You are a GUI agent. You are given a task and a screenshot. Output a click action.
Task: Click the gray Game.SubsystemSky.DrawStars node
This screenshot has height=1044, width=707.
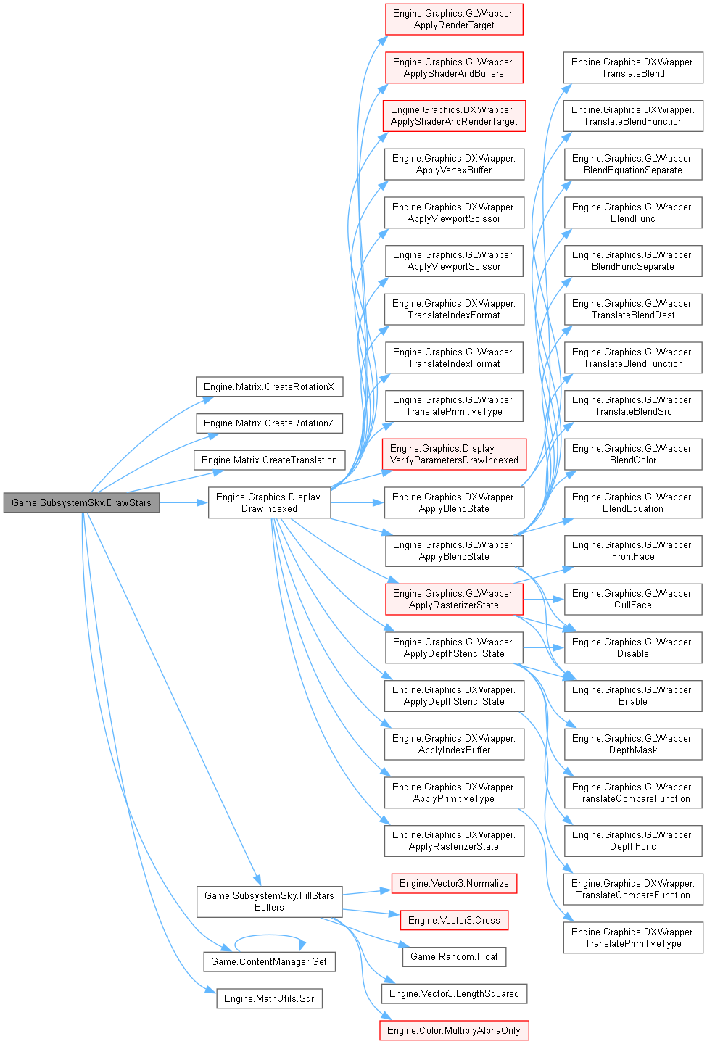click(81, 502)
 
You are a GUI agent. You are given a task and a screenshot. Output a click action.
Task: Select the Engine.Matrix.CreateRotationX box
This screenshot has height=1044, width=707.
click(269, 386)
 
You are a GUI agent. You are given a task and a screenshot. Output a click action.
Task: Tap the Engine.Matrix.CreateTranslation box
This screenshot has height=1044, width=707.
click(269, 460)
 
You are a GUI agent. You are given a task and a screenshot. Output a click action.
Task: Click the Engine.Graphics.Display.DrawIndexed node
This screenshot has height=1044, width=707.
click(269, 502)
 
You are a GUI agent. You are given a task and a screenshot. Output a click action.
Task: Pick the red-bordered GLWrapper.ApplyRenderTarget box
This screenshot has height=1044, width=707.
click(453, 19)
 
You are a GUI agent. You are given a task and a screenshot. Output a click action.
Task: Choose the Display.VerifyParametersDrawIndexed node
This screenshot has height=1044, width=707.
click(454, 454)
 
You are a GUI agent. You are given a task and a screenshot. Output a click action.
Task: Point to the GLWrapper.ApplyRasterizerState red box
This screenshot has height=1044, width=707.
click(453, 599)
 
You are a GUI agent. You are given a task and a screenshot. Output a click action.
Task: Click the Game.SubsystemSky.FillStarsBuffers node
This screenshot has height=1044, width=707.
click(269, 901)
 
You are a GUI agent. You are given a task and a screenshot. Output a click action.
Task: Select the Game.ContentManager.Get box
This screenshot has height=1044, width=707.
click(268, 961)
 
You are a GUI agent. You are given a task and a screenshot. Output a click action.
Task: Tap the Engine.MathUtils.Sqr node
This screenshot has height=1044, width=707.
click(269, 998)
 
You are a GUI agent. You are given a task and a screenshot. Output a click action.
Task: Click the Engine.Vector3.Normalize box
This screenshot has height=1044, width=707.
click(454, 883)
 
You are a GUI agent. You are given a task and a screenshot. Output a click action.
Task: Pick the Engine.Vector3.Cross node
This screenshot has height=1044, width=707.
click(454, 920)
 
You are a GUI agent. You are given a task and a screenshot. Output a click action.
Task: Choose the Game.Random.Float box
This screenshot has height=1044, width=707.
click(454, 956)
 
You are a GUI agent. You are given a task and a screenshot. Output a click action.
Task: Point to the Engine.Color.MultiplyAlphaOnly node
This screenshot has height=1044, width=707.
click(454, 1030)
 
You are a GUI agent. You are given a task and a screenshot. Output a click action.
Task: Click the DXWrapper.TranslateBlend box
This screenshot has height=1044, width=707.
click(633, 67)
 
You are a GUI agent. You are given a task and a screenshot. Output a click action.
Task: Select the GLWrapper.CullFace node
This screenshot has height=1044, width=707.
click(633, 599)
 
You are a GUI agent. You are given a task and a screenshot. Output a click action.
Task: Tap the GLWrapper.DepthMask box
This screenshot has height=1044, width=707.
click(633, 744)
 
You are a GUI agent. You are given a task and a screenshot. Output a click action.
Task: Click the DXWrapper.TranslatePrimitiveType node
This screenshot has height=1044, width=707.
click(633, 937)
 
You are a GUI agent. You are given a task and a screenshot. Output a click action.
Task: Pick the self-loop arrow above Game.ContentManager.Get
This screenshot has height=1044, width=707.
click(268, 935)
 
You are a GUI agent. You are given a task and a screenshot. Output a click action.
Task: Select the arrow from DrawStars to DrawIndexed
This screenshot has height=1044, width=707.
click(184, 502)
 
